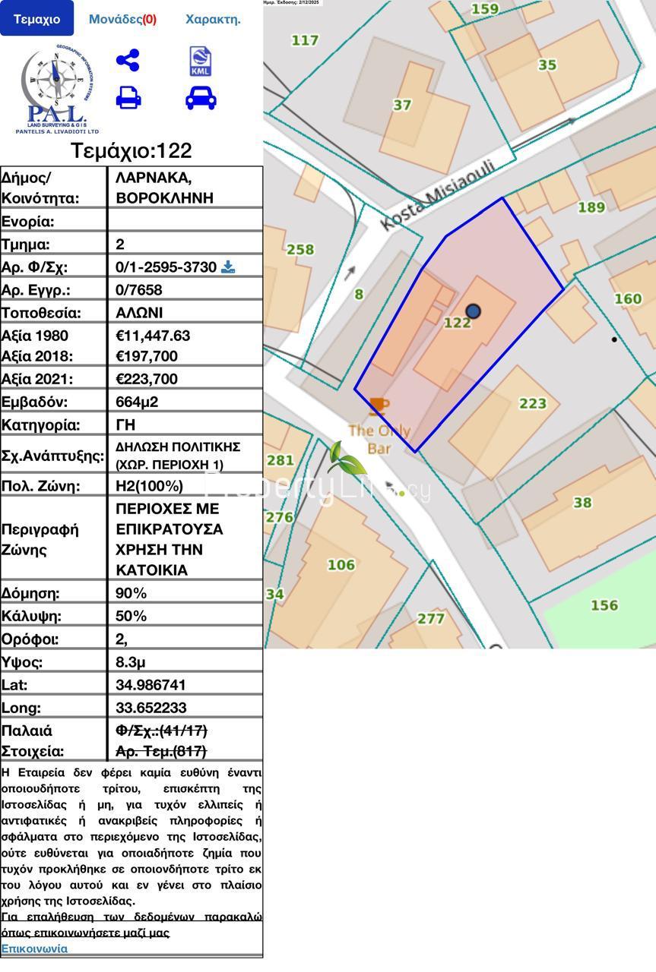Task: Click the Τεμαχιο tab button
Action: [36, 19]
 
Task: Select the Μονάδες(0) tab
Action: [122, 19]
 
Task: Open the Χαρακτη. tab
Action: [213, 19]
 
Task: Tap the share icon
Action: [128, 60]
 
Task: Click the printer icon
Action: [128, 97]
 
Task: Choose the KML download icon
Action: [201, 62]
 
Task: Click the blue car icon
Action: [201, 97]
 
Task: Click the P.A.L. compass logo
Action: [55, 88]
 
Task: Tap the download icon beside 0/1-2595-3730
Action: [227, 267]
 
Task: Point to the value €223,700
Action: [147, 379]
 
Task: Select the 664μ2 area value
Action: [137, 402]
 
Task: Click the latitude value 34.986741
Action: [151, 684]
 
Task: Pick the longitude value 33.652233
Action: [151, 708]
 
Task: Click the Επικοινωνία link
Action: [34, 948]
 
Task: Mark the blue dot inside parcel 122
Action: [474, 311]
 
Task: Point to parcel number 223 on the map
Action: [532, 403]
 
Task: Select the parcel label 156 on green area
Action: [604, 605]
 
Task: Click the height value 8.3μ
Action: [131, 661]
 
